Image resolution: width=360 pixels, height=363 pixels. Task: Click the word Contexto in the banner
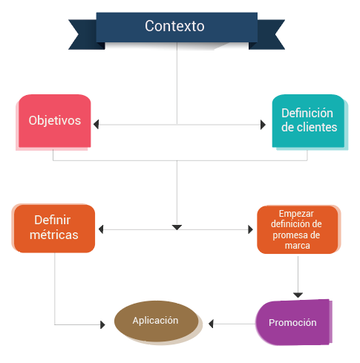174,26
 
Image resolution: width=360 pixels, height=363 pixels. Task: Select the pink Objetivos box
54,121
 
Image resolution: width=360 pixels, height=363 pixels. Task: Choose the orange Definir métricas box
54,229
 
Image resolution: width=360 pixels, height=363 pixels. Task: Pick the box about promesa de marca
298,229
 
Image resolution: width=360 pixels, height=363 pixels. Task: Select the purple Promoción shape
292,322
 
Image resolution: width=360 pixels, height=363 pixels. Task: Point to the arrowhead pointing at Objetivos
96,124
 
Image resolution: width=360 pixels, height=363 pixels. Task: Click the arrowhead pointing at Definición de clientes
263,125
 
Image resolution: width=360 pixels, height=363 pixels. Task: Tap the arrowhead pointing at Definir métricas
101,229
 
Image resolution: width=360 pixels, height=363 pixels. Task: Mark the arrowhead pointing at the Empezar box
250,229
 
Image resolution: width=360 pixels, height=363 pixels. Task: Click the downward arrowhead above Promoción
298,295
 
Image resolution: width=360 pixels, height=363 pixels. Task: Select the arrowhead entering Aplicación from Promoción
211,324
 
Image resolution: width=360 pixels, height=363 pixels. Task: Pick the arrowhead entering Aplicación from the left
102,324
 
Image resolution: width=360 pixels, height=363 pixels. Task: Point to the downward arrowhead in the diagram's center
177,227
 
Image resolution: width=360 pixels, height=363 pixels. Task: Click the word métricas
54,235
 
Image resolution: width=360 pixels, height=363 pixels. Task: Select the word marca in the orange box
298,246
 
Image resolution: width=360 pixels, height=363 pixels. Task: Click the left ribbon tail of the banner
84,35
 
